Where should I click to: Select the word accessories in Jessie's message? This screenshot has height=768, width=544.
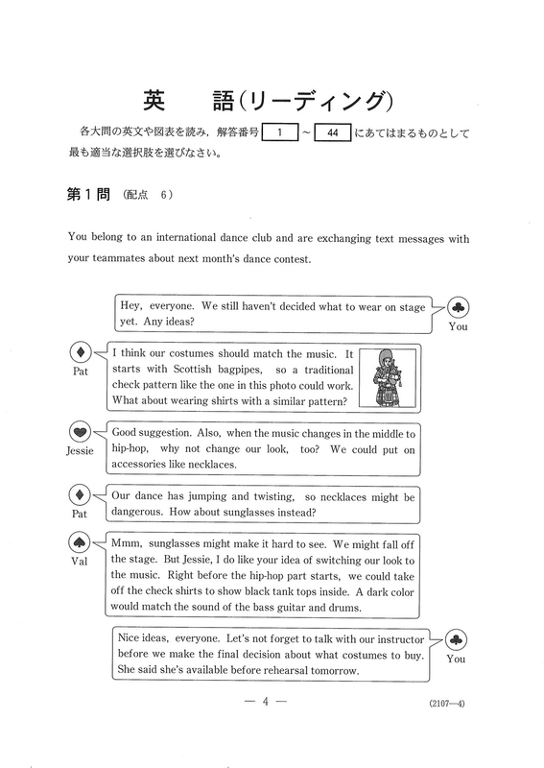(144, 466)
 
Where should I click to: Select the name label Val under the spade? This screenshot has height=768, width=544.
(80, 563)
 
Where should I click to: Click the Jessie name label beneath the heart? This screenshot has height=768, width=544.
(81, 454)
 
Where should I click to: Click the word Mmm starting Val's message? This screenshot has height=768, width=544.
(128, 544)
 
